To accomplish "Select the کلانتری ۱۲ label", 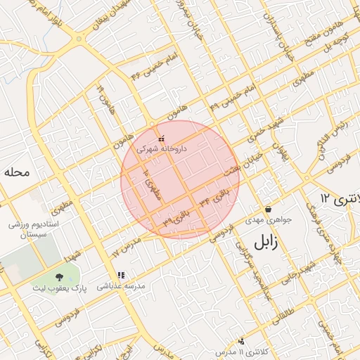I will (x=338, y=198).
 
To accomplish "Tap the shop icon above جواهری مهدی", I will (x=268, y=209).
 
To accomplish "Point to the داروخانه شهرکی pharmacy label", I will (x=162, y=149).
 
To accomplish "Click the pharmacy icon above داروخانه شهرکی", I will (x=162, y=139).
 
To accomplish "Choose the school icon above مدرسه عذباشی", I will (x=120, y=275).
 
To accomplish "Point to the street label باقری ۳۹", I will (x=176, y=217).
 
